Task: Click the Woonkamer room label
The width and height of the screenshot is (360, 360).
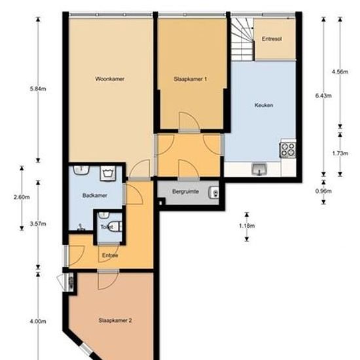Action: (110, 79)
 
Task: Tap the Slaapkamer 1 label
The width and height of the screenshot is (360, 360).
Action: (190, 79)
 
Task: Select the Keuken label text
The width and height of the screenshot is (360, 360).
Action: (264, 105)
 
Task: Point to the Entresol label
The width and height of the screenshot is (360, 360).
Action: (272, 39)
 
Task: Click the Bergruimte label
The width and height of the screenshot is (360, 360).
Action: (185, 192)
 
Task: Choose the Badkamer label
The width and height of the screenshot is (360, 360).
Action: (95, 196)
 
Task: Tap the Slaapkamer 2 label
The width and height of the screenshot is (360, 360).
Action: (115, 321)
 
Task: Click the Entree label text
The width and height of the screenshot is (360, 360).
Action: (110, 255)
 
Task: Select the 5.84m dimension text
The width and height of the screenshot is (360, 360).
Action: (38, 89)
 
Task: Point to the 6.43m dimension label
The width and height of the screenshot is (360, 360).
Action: (323, 96)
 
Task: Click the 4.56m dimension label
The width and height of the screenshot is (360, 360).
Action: (340, 72)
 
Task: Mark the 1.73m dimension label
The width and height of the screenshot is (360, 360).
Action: (340, 153)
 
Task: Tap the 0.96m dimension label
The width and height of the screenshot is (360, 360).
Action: (323, 191)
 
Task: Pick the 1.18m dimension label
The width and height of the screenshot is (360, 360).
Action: (247, 226)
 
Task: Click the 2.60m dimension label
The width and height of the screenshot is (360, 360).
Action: (22, 197)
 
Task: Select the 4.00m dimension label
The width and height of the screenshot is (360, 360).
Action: (38, 321)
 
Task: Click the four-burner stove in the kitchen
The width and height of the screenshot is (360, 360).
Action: (288, 150)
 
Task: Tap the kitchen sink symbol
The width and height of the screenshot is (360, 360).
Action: (259, 170)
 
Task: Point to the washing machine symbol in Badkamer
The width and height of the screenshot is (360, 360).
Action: (108, 173)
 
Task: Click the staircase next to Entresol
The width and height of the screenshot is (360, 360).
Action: (242, 39)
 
